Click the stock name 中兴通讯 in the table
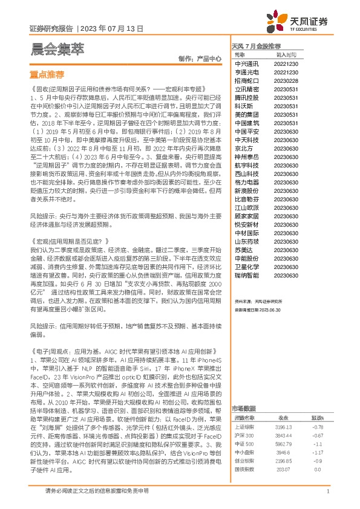coord(246,63)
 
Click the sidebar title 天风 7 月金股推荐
coord(256,46)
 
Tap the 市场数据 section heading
coord(243,391)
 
